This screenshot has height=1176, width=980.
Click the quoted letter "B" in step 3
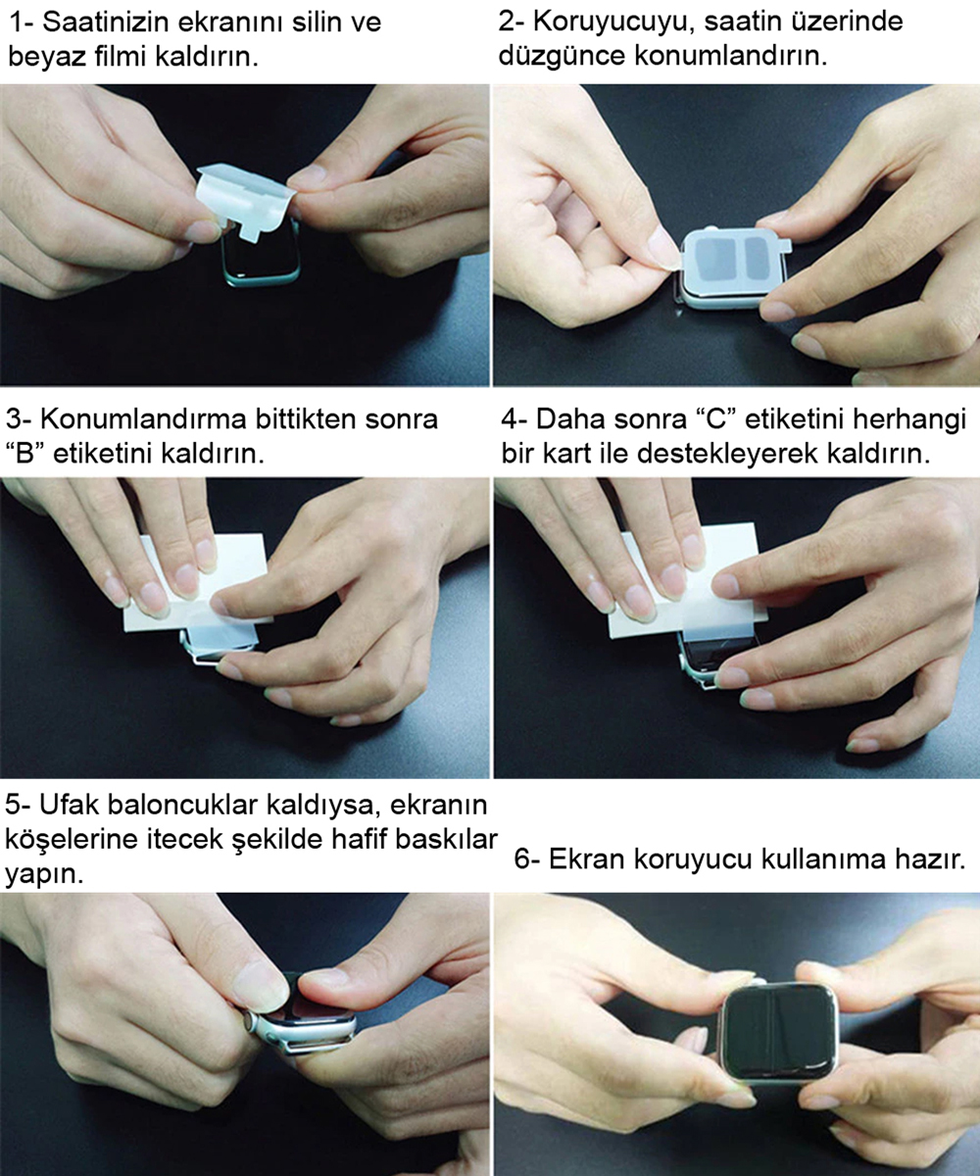tap(25, 454)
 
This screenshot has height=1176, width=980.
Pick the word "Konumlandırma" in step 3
tap(144, 419)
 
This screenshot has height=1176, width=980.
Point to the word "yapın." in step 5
tap(44, 873)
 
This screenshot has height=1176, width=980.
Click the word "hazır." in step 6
tap(930, 859)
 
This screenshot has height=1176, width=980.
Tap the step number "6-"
tap(527, 860)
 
